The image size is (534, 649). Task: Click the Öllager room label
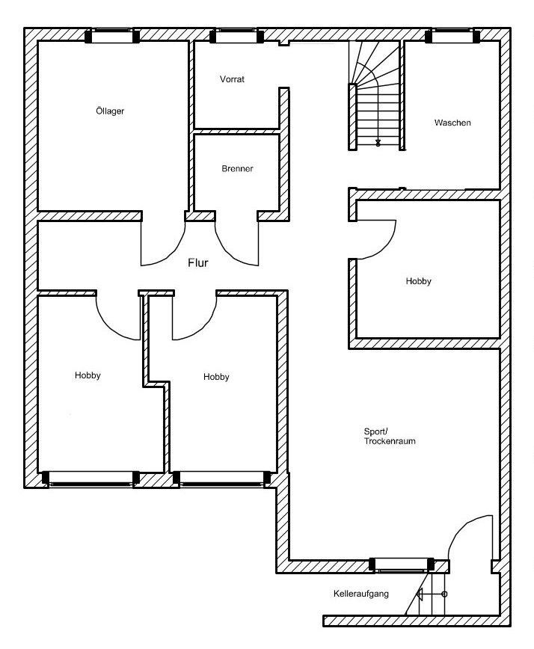point(110,111)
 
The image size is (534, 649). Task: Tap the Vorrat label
point(232,79)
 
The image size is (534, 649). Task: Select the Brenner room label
point(237,168)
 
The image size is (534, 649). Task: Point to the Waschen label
point(452,123)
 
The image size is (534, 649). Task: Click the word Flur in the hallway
point(198,263)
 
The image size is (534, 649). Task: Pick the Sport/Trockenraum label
point(390,436)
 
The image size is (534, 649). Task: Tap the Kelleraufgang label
point(361,594)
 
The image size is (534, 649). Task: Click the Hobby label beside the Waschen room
point(419,281)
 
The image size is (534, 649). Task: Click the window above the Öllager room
point(113,36)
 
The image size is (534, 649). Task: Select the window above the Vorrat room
point(237,36)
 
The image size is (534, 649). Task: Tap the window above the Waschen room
point(452,36)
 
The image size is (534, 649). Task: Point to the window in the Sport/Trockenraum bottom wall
point(402,565)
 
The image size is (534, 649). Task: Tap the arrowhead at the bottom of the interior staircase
point(378,143)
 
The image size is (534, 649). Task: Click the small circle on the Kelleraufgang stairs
point(444,594)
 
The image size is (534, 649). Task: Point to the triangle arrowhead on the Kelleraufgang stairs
point(420,594)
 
